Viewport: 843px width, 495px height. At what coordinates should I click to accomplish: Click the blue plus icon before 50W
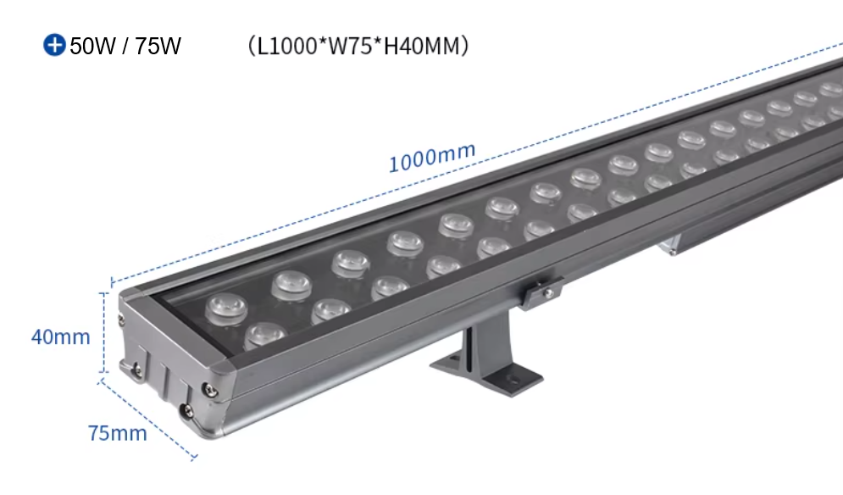point(54,45)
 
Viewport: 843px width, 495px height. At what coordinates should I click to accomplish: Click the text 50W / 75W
point(125,46)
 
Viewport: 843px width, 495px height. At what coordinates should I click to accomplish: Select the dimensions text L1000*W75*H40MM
point(358,45)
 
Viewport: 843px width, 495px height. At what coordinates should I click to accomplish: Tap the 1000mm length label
point(431,158)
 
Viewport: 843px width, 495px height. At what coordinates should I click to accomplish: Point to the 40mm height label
point(60,336)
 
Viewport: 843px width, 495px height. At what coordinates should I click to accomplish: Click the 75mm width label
point(117,433)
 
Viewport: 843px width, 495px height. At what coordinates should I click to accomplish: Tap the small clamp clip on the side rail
point(540,292)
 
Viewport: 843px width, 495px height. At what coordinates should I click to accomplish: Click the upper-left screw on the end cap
point(121,318)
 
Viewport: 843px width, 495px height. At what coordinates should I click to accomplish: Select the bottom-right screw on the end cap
point(188,411)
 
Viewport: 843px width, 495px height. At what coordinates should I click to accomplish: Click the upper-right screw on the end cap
point(208,388)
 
